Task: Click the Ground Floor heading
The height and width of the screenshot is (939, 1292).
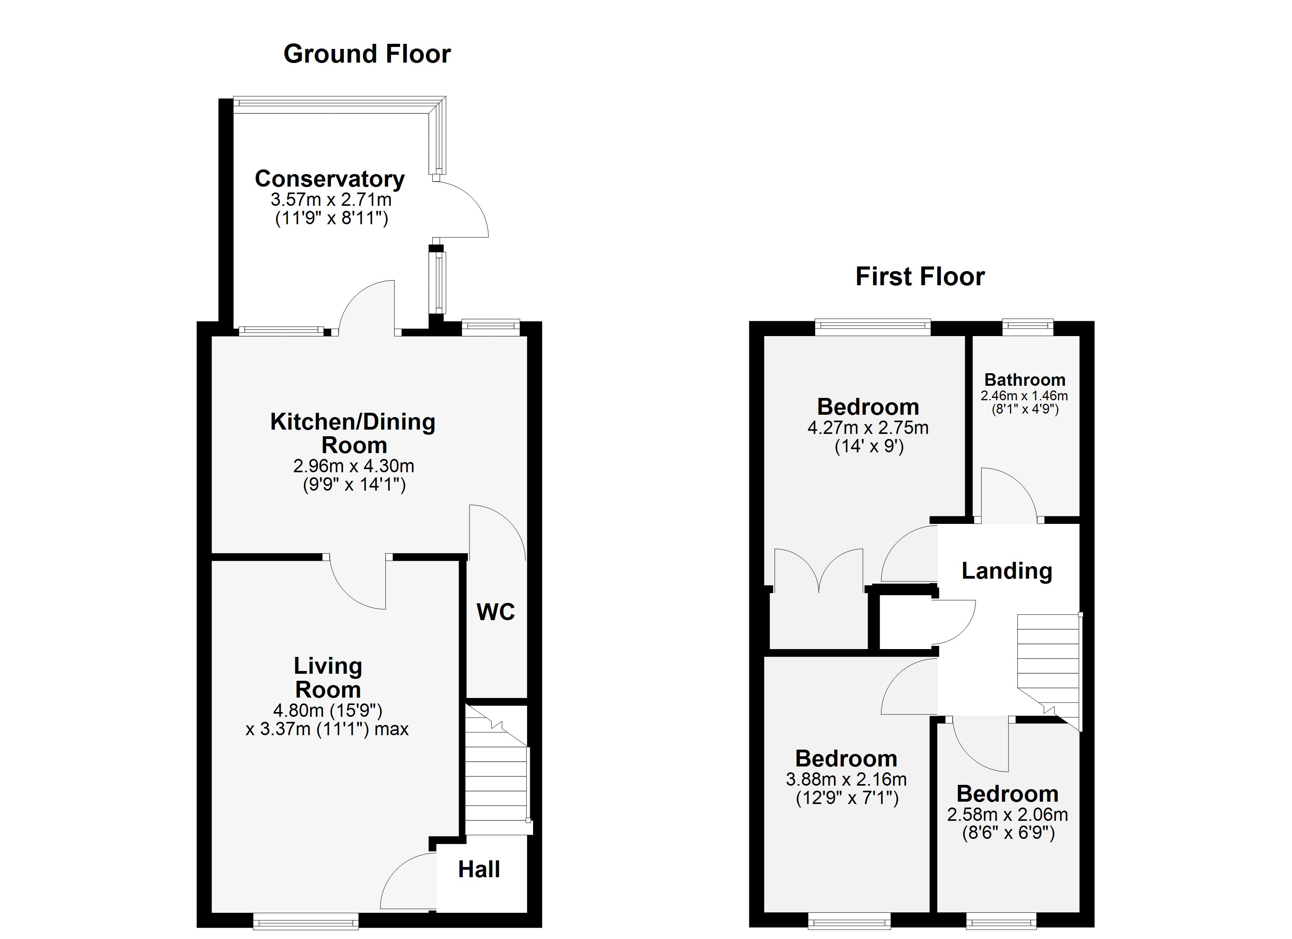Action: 367,54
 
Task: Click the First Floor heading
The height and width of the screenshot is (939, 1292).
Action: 920,277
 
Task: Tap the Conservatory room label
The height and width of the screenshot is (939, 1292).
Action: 330,179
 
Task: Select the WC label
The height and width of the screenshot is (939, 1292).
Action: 496,612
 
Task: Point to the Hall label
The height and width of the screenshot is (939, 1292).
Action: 479,869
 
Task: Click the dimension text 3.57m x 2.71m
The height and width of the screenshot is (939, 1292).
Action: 331,200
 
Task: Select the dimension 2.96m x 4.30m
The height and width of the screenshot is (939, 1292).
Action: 354,466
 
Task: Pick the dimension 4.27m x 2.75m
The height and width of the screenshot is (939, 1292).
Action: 868,428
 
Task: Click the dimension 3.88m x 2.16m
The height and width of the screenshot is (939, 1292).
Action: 846,779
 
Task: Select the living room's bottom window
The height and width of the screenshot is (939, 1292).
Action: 306,921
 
